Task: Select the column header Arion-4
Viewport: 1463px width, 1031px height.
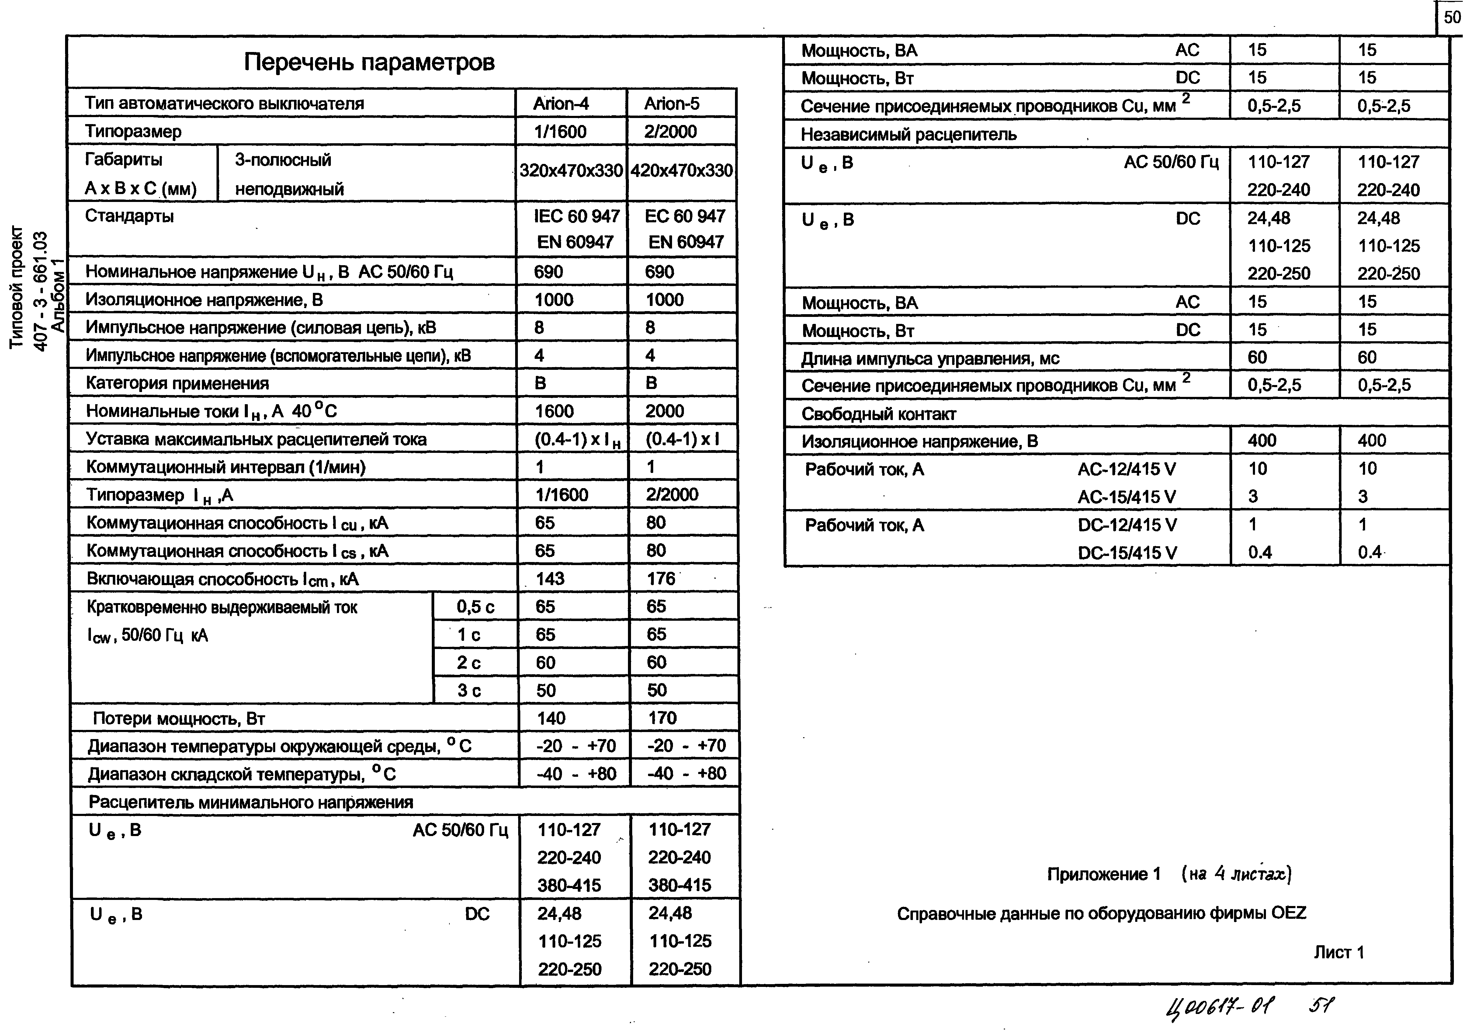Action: tap(561, 103)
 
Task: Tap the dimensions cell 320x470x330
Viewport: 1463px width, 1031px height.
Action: tap(571, 171)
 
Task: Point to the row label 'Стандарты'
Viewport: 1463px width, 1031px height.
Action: tap(129, 216)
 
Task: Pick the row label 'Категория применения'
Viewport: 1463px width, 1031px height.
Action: tap(177, 384)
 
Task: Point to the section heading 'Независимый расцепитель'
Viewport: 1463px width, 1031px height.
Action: tap(909, 134)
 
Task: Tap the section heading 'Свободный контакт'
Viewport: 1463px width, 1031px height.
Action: tap(879, 414)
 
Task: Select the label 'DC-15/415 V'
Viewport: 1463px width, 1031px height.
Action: tap(1127, 553)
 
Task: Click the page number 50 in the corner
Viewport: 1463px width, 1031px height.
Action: tap(1451, 17)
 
